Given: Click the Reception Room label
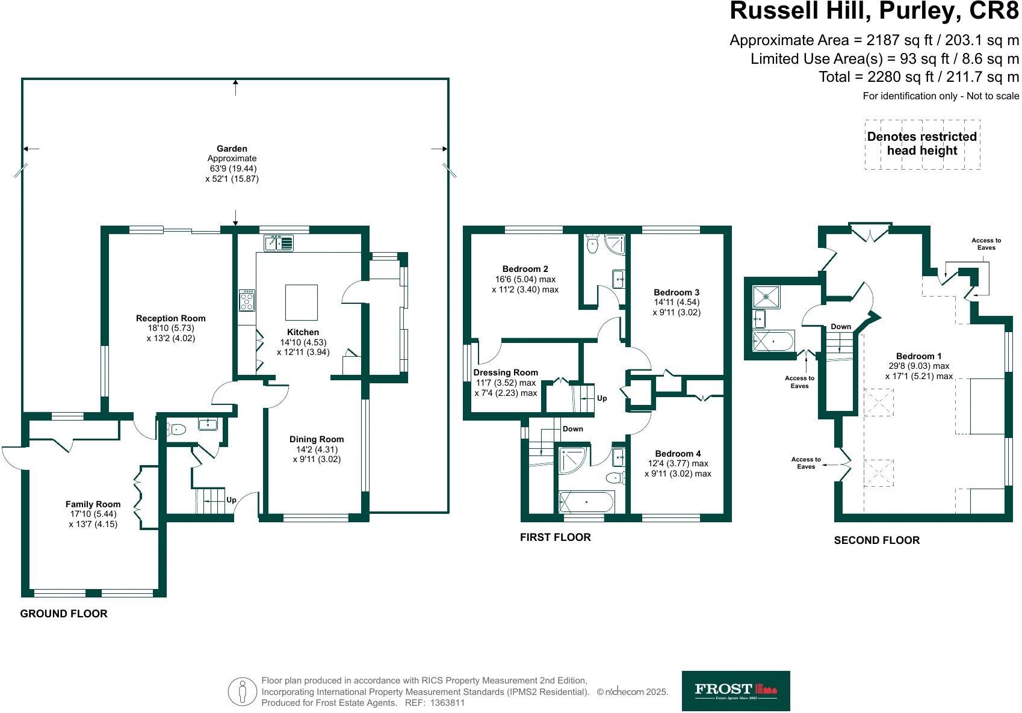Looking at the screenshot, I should (x=170, y=318).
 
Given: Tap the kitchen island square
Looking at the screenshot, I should (x=301, y=302).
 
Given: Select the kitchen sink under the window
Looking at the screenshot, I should (x=278, y=243).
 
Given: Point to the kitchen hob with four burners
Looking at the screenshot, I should (x=247, y=300).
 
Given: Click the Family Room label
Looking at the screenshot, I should (x=93, y=504).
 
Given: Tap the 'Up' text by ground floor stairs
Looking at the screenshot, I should (x=231, y=499).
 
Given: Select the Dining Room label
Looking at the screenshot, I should (x=316, y=439).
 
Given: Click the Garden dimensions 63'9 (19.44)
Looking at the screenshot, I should (x=232, y=168).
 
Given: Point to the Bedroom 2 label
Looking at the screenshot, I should (x=525, y=269).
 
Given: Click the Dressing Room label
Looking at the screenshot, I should (x=506, y=372).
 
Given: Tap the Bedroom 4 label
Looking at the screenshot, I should (x=678, y=454).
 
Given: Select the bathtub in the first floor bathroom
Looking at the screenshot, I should (x=586, y=502).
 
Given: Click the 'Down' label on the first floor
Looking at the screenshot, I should (x=572, y=429).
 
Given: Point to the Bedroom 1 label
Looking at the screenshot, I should (x=918, y=356).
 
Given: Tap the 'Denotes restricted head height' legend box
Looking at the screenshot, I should (x=921, y=144).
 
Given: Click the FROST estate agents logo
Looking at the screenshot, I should (x=736, y=691).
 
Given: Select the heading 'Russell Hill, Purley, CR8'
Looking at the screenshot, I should (x=874, y=11).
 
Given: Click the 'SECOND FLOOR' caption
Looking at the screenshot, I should (x=876, y=540).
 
